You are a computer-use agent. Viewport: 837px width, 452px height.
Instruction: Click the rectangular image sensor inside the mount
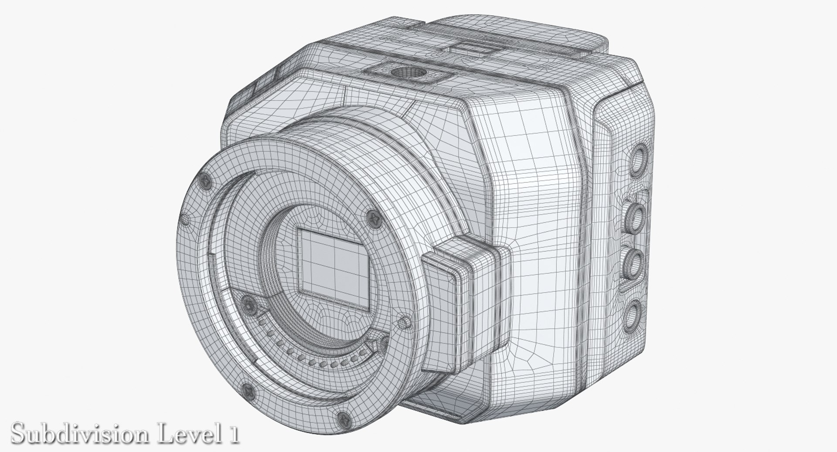(x=334, y=266)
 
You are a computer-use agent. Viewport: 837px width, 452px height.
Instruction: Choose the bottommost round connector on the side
(x=634, y=313)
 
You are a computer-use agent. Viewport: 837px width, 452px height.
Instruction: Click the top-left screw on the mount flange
(x=204, y=179)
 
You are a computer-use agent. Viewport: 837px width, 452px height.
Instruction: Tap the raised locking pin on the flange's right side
(x=405, y=322)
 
